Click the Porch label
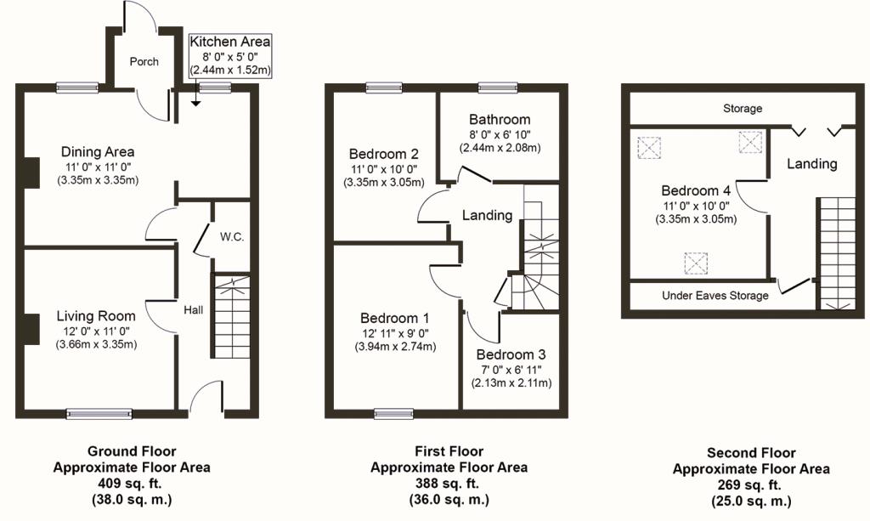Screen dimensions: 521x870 (144, 62)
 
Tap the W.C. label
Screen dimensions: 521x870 (232, 237)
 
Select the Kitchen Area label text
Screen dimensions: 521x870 (229, 42)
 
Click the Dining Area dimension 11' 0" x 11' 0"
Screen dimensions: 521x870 (98, 167)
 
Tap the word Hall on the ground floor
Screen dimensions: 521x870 (194, 310)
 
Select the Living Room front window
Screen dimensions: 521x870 (99, 414)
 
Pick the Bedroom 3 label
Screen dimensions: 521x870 (511, 354)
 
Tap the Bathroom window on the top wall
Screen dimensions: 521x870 (497, 87)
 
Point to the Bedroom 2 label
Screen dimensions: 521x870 (384, 154)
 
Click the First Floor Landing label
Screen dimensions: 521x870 (487, 215)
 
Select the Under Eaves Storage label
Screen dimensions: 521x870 (715, 296)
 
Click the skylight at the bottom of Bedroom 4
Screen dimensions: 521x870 (696, 263)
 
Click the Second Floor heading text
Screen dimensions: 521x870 (751, 453)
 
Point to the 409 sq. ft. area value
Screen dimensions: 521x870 (132, 483)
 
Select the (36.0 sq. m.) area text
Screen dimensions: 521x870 (449, 499)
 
